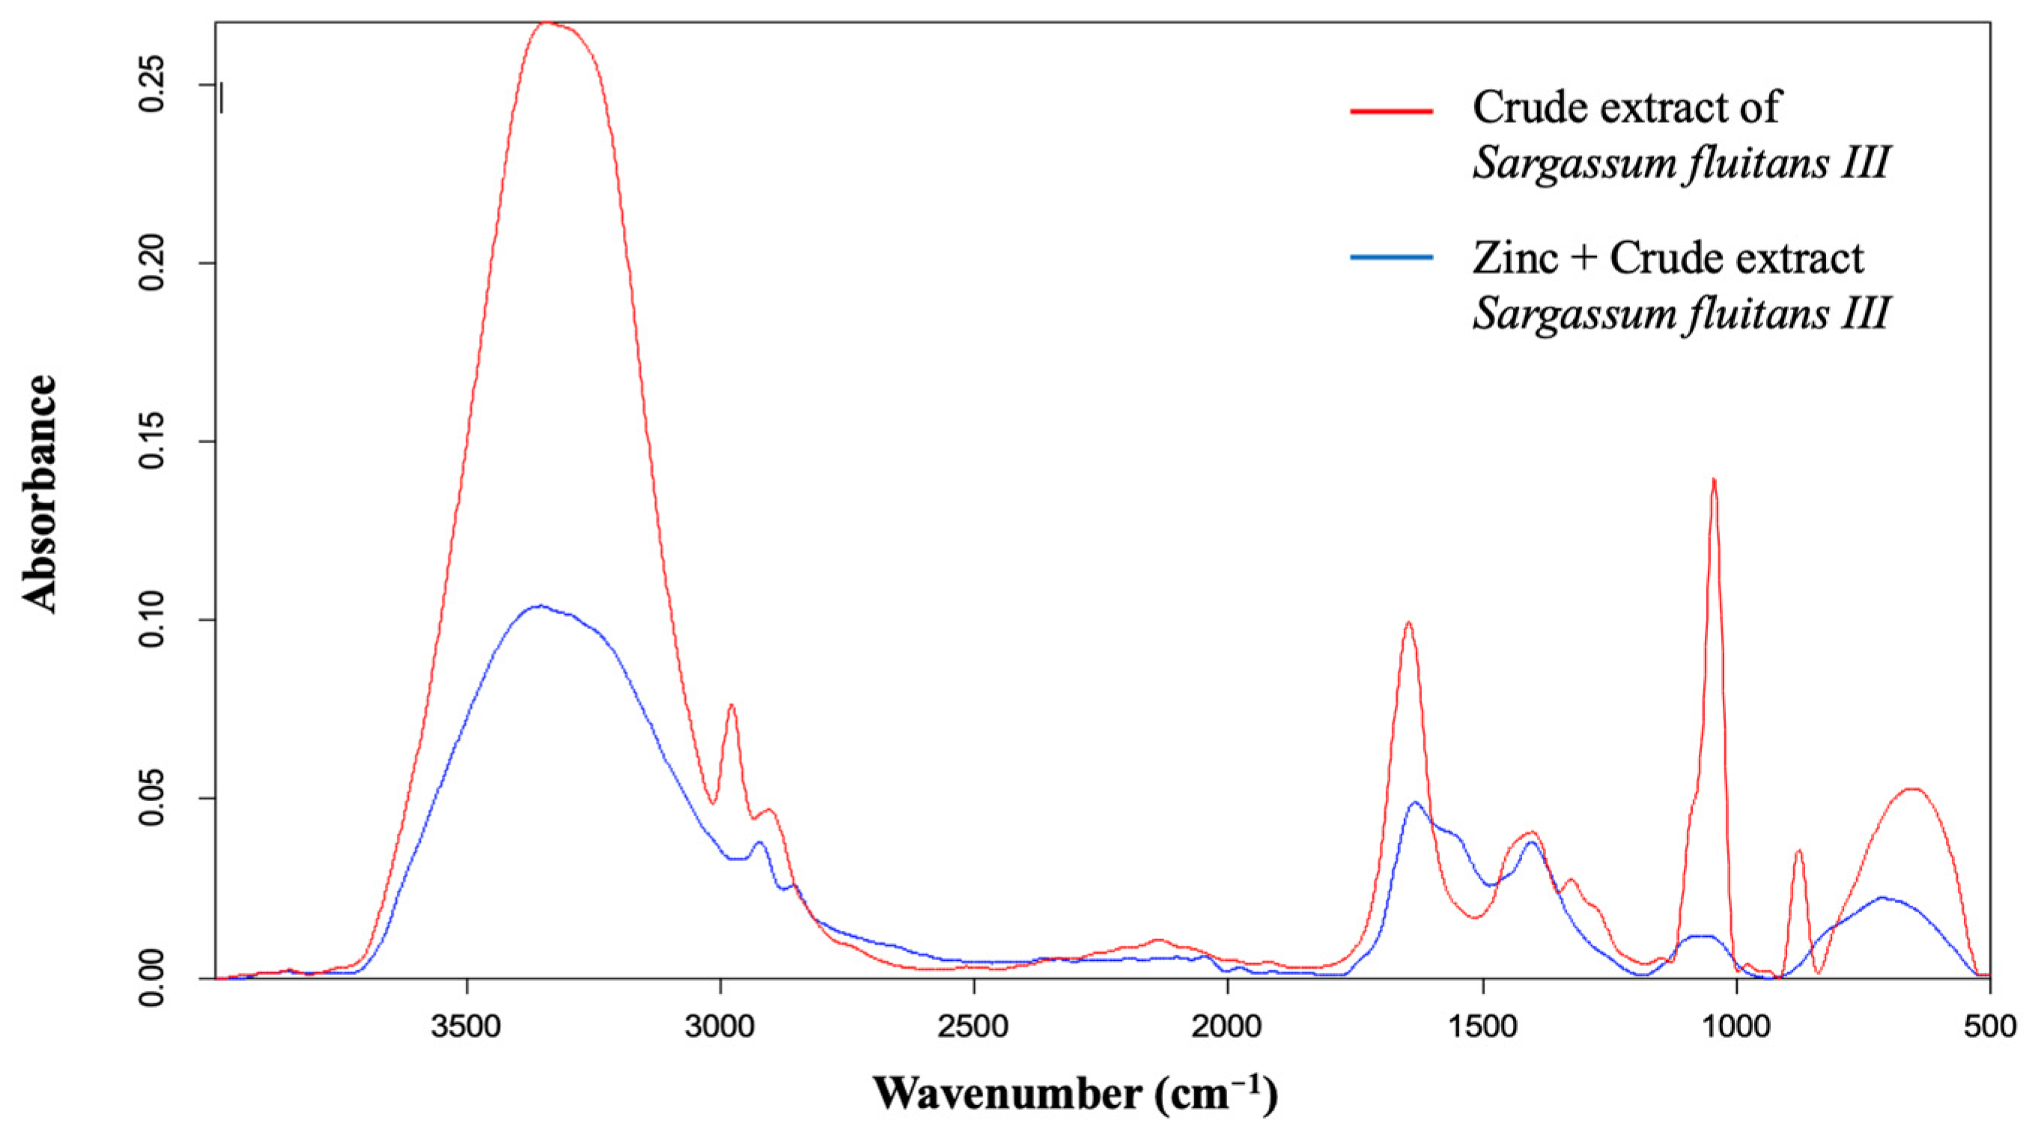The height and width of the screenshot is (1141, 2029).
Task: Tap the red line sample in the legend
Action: (x=1391, y=111)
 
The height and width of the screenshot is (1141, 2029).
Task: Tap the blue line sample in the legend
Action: (x=1391, y=258)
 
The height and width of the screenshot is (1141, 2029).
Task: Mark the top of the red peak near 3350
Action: (x=547, y=23)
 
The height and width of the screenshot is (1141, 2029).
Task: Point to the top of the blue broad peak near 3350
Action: (x=540, y=606)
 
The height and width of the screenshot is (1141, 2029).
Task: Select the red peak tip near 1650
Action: (x=1408, y=623)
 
